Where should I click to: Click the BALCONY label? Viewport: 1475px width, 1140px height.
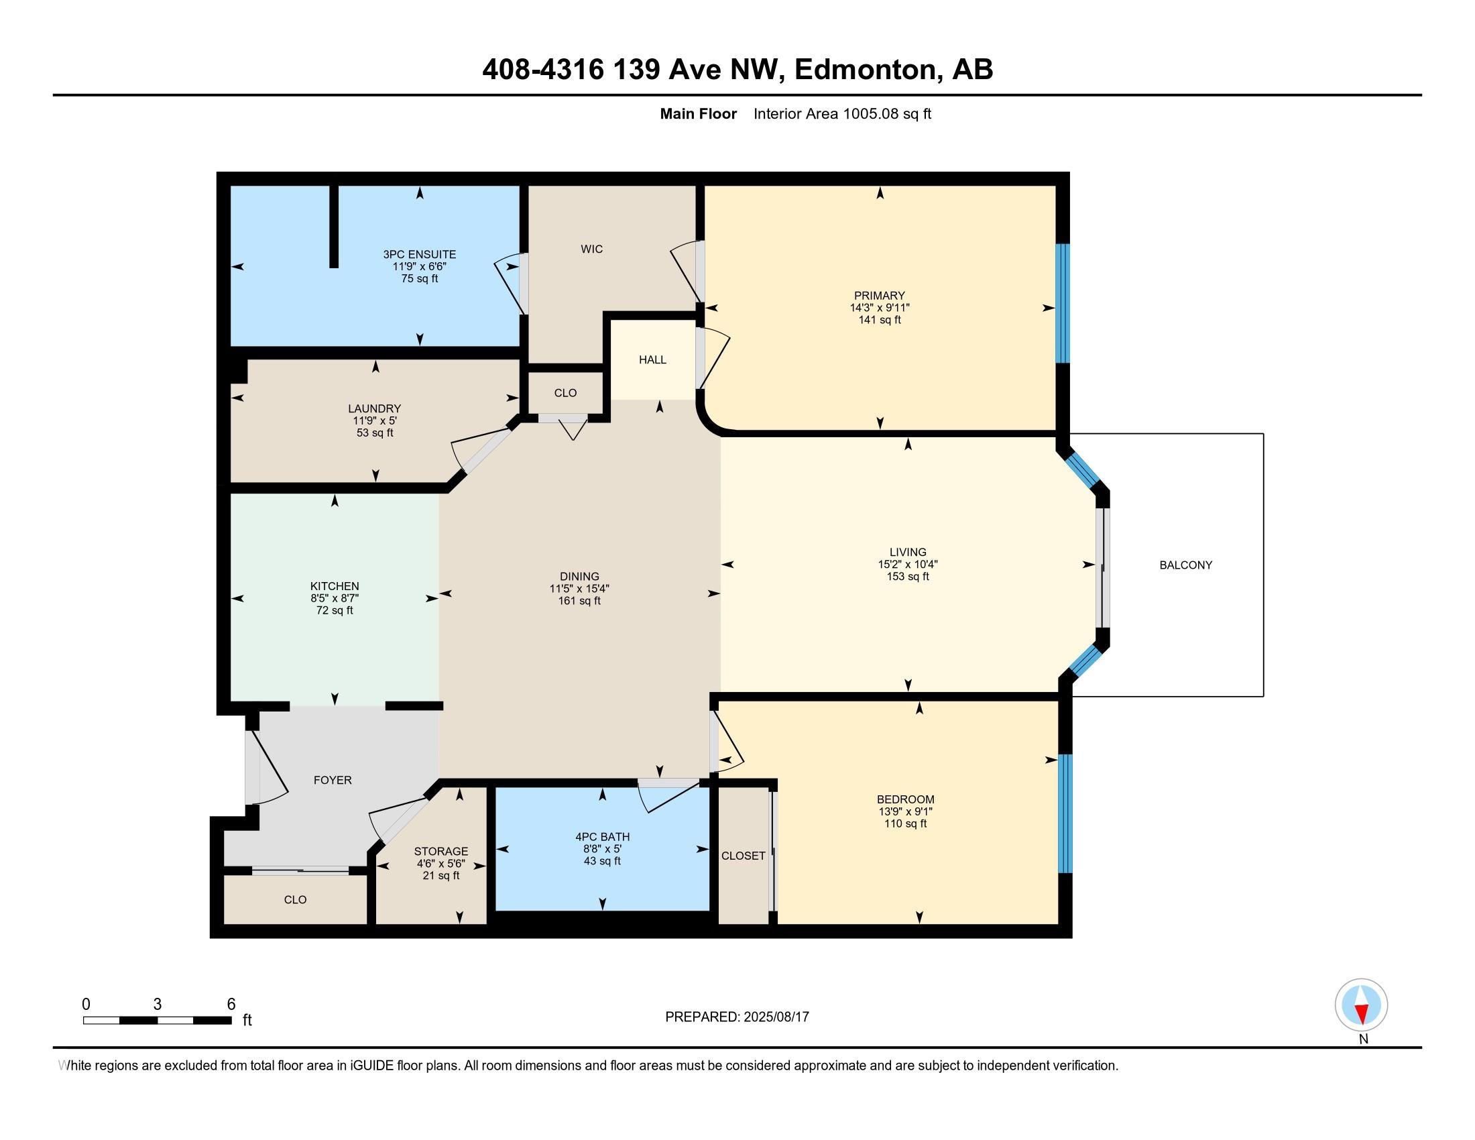click(x=1185, y=565)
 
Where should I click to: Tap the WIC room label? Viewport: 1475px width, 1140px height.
click(x=591, y=249)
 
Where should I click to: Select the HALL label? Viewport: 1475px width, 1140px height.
click(x=652, y=359)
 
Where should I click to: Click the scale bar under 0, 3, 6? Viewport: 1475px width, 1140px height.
click(x=158, y=1020)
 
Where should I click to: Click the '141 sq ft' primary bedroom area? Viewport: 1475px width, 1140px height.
click(x=880, y=319)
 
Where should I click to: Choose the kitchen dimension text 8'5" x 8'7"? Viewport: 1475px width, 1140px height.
click(x=335, y=597)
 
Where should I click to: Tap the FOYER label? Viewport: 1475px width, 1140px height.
click(x=333, y=780)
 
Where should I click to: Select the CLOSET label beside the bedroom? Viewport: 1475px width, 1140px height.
click(x=743, y=856)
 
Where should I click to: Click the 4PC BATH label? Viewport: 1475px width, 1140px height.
click(x=603, y=837)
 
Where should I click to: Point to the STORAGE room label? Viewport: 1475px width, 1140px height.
click(x=441, y=851)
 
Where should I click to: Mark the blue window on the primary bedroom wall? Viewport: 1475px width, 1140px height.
click(x=1063, y=303)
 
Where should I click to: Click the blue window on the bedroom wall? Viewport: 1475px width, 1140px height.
click(x=1065, y=813)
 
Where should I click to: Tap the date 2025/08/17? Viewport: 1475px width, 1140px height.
click(x=775, y=1017)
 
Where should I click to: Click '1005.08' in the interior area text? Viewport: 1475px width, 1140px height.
click(x=870, y=113)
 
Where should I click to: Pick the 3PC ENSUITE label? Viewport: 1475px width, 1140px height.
click(x=420, y=254)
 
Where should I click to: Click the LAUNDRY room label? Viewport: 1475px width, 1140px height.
click(x=374, y=408)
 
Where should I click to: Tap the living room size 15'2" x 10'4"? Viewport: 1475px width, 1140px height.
click(x=908, y=564)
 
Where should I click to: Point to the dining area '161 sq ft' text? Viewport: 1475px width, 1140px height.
click(x=579, y=600)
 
